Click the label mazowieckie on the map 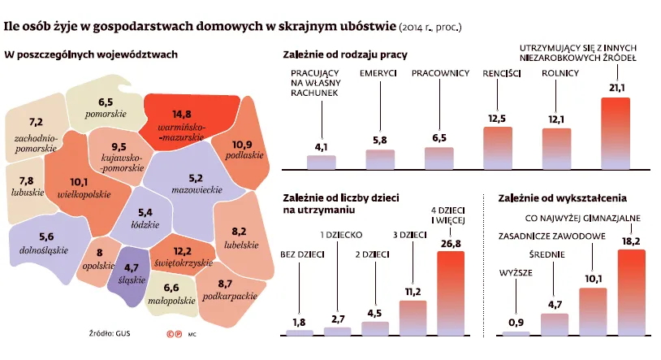coord(197,189)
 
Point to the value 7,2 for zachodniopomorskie coord(36,122)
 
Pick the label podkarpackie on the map coord(226,296)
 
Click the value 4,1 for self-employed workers coord(321,146)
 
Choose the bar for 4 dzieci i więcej coord(451,293)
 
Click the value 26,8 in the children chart coord(451,243)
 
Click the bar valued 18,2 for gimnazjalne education coord(631,293)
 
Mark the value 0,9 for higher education coord(516,323)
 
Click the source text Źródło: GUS coord(109,333)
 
